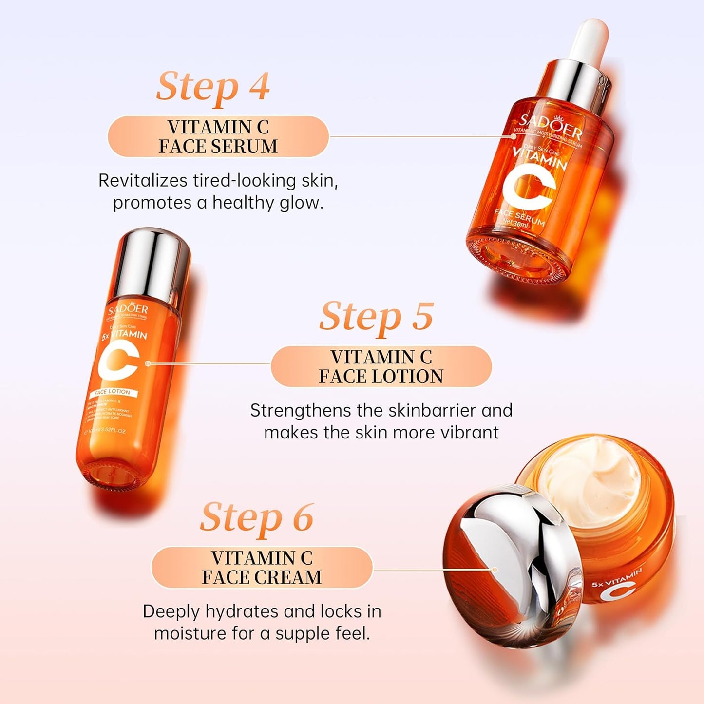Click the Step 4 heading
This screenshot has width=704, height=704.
tap(213, 87)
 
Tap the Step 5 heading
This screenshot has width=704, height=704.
tap(376, 317)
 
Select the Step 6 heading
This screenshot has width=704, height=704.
tap(257, 518)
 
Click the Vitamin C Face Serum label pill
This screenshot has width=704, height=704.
tap(218, 137)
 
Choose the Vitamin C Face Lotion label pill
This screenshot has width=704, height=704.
tap(381, 367)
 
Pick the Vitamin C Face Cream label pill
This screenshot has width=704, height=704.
tap(262, 568)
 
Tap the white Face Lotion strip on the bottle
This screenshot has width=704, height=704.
tap(113, 392)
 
